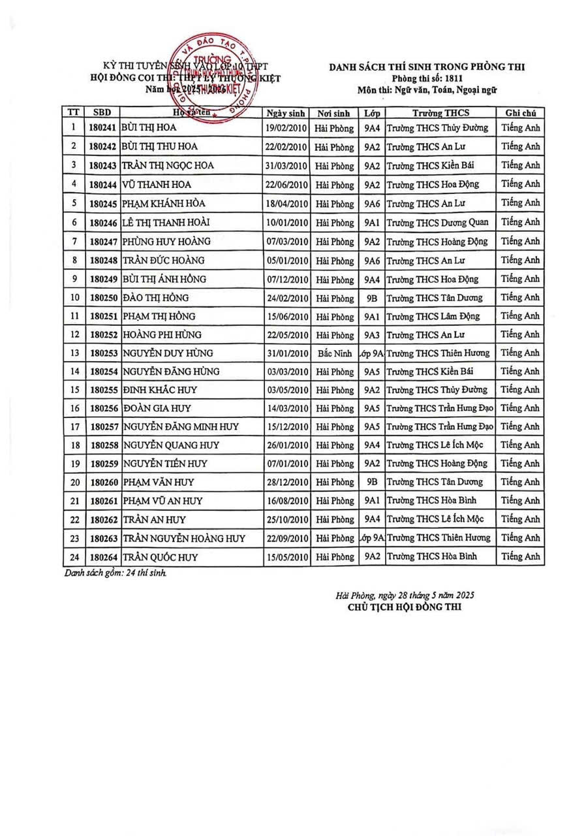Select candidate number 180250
pyautogui.click(x=102, y=298)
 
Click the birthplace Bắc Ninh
pyautogui.click(x=333, y=353)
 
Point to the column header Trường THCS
pyautogui.click(x=440, y=112)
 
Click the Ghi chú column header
pyautogui.click(x=520, y=112)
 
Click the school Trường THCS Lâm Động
pyautogui.click(x=433, y=317)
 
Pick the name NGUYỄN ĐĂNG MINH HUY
pyautogui.click(x=180, y=427)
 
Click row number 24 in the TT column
pyautogui.click(x=74, y=557)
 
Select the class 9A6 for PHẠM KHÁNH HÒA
pyautogui.click(x=373, y=203)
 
